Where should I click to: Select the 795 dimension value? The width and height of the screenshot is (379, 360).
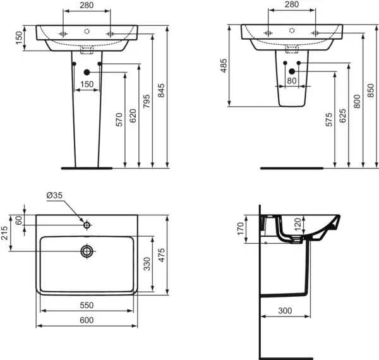pos(146,102)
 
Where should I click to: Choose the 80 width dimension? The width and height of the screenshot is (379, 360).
pos(291,81)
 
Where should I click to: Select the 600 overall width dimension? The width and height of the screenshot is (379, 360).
pos(87,320)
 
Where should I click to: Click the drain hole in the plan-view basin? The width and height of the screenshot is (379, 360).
pos(87,251)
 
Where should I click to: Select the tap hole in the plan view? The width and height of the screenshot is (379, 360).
pos(87,224)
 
